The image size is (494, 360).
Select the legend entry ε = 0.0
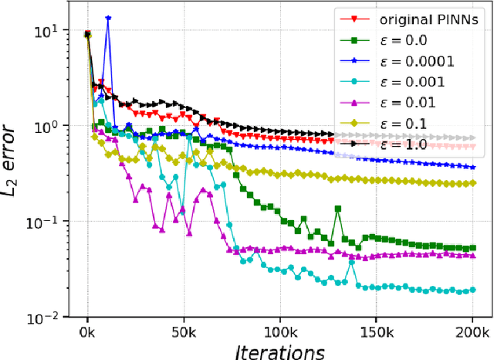coord(385,39)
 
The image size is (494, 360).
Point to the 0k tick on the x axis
coord(88,331)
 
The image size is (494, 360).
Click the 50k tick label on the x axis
coord(183,331)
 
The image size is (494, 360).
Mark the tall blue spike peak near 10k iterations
coord(108,18)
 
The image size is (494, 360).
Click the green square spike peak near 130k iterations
coord(337,209)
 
